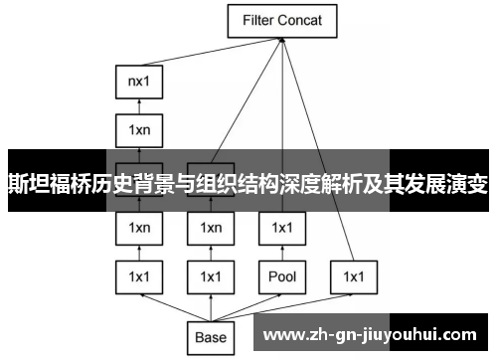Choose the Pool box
(283, 275)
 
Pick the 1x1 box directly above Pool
(283, 228)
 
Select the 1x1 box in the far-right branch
(355, 275)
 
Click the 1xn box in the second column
(211, 228)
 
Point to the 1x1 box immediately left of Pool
(211, 275)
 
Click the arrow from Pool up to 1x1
(283, 252)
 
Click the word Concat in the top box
(304, 19)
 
